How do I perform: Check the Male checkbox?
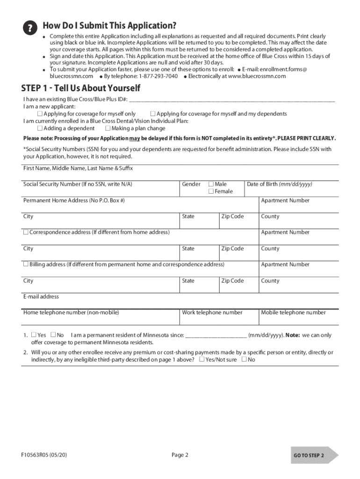(211, 184)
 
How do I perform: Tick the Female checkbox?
(211, 191)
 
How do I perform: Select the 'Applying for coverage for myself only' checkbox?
(40, 114)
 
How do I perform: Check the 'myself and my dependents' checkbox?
(152, 114)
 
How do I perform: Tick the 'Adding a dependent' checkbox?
(40, 128)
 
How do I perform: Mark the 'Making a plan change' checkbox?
(108, 128)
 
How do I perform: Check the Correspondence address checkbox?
(26, 232)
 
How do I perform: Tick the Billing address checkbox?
(26, 264)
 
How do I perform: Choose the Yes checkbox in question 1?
(34, 335)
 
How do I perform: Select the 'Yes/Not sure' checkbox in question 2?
(202, 360)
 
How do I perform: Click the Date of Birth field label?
(279, 184)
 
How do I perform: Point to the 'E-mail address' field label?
(41, 297)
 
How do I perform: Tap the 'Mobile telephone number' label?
(293, 312)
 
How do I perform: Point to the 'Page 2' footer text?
(180, 455)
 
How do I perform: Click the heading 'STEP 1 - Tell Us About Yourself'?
(80, 88)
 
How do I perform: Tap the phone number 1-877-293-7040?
(158, 76)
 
